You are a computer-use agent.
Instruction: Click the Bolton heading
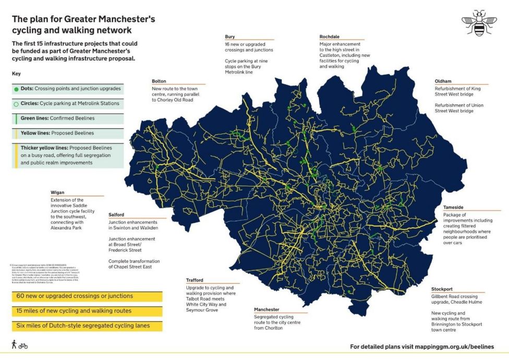(x=159, y=81)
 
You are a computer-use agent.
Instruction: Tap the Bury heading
(x=229, y=37)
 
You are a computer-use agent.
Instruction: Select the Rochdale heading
(x=330, y=37)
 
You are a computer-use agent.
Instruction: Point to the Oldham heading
(x=443, y=81)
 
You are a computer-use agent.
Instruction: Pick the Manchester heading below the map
(x=266, y=309)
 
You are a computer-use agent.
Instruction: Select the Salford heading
(x=116, y=214)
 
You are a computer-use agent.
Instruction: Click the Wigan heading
(x=57, y=193)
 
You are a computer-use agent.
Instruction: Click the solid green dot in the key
(x=16, y=89)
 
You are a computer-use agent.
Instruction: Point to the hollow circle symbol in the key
(x=16, y=104)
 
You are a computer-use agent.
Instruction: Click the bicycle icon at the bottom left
(x=23, y=345)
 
